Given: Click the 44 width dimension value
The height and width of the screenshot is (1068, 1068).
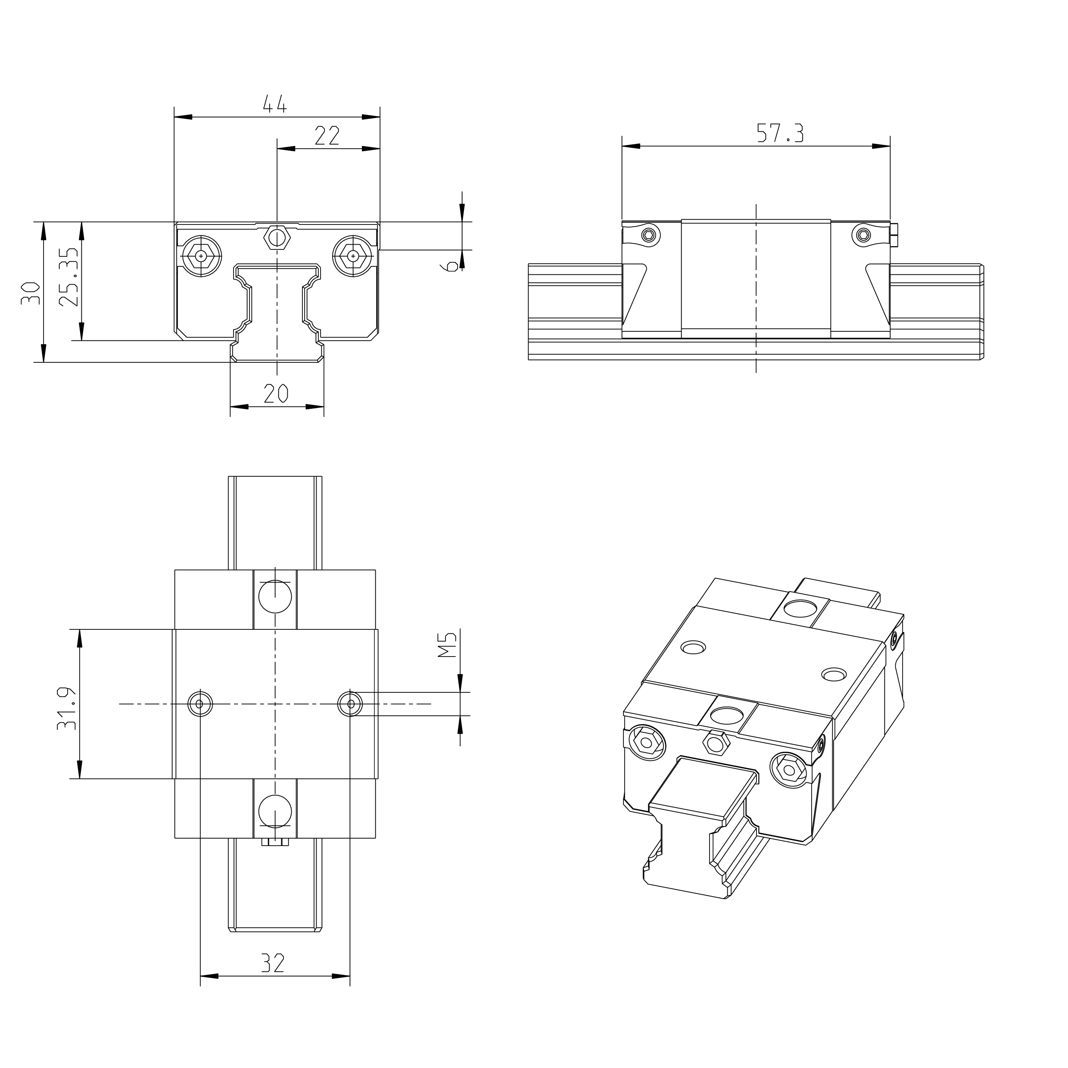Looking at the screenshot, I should [x=275, y=104].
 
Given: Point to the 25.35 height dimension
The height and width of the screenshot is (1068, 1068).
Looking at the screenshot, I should [x=69, y=277].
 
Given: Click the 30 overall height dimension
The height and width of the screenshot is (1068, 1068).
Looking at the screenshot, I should [x=31, y=293].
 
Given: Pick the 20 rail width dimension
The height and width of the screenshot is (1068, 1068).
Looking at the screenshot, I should [x=276, y=394].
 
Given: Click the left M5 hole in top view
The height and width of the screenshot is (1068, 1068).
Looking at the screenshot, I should [x=200, y=704].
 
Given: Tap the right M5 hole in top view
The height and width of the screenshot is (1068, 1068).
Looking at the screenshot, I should [x=350, y=703].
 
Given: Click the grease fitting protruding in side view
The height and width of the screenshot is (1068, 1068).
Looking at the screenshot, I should [x=894, y=234].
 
